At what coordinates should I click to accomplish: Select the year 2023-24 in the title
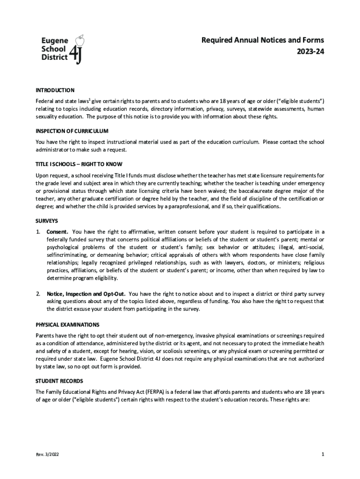coord(309,51)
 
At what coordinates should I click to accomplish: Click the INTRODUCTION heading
coord(55,90)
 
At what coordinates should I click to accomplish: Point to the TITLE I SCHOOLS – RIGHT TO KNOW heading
coord(79,164)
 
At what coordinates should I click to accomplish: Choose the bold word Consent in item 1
coord(58,232)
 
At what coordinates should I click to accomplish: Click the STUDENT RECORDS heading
coord(59,381)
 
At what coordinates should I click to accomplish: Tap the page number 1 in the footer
coord(323,454)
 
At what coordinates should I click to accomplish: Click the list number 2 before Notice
coord(38,294)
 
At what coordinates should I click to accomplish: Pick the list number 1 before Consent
coord(38,232)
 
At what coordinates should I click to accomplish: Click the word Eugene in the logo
coord(53,41)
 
